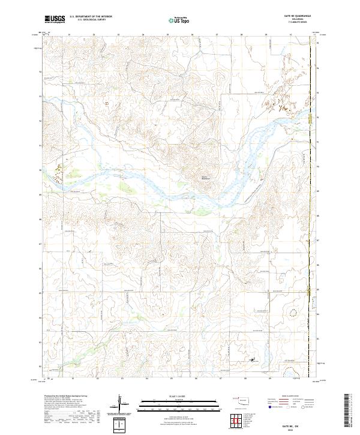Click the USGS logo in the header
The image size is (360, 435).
click(55, 19)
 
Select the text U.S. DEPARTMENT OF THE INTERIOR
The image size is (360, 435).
click(91, 17)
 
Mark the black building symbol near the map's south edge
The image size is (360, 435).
click(252, 360)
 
